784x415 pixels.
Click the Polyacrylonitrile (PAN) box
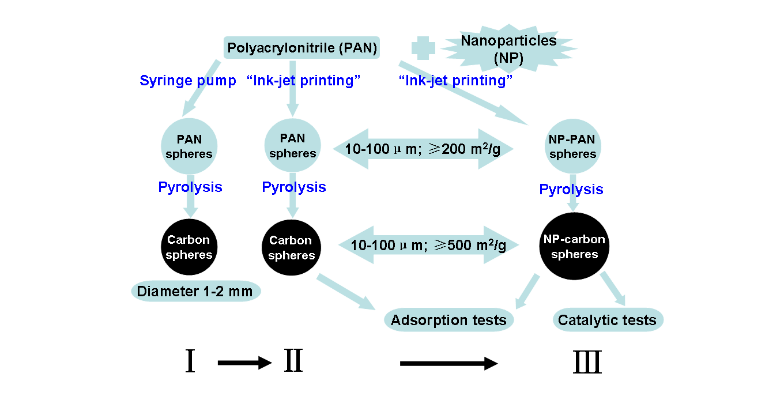pyautogui.click(x=302, y=47)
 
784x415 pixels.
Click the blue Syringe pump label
pyautogui.click(x=187, y=81)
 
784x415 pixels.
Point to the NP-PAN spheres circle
pyautogui.click(x=572, y=148)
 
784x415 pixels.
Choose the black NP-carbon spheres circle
pyautogui.click(x=574, y=247)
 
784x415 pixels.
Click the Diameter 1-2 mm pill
pyautogui.click(x=196, y=292)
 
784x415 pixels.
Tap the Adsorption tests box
pyautogui.click(x=448, y=320)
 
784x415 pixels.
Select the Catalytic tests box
pyautogui.click(x=608, y=320)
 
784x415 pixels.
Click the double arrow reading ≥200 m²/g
pyautogui.click(x=423, y=149)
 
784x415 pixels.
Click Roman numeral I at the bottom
pyautogui.click(x=190, y=362)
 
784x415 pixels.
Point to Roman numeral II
pyautogui.click(x=293, y=362)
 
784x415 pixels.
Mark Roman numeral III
pyautogui.click(x=587, y=363)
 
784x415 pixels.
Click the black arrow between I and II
pyautogui.click(x=244, y=363)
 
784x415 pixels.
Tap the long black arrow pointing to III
pyautogui.click(x=448, y=363)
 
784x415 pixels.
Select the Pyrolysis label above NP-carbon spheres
pyautogui.click(x=571, y=189)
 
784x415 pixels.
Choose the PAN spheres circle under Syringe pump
pyautogui.click(x=190, y=147)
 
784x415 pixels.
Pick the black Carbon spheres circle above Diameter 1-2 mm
pyautogui.click(x=190, y=247)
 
